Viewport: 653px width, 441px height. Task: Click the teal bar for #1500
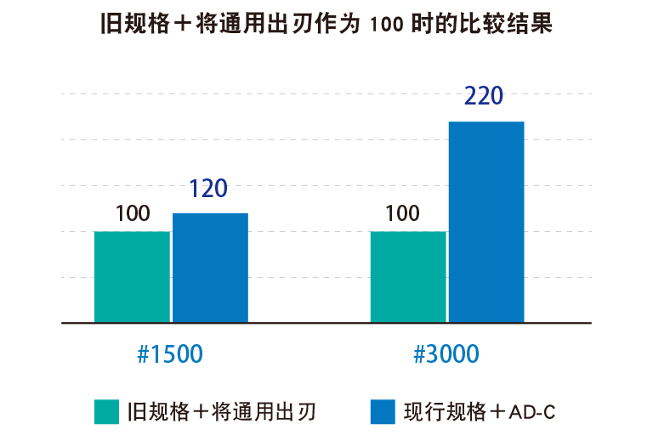click(132, 277)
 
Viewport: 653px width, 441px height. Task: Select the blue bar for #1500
click(210, 268)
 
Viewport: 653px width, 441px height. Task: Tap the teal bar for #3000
click(408, 277)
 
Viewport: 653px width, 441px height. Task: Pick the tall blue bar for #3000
click(486, 223)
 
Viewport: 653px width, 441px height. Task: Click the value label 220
click(484, 96)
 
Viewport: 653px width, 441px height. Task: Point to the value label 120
click(208, 189)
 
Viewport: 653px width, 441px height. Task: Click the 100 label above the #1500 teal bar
click(133, 213)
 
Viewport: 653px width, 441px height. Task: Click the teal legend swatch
click(106, 412)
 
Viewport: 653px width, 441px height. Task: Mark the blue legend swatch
click(383, 412)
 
